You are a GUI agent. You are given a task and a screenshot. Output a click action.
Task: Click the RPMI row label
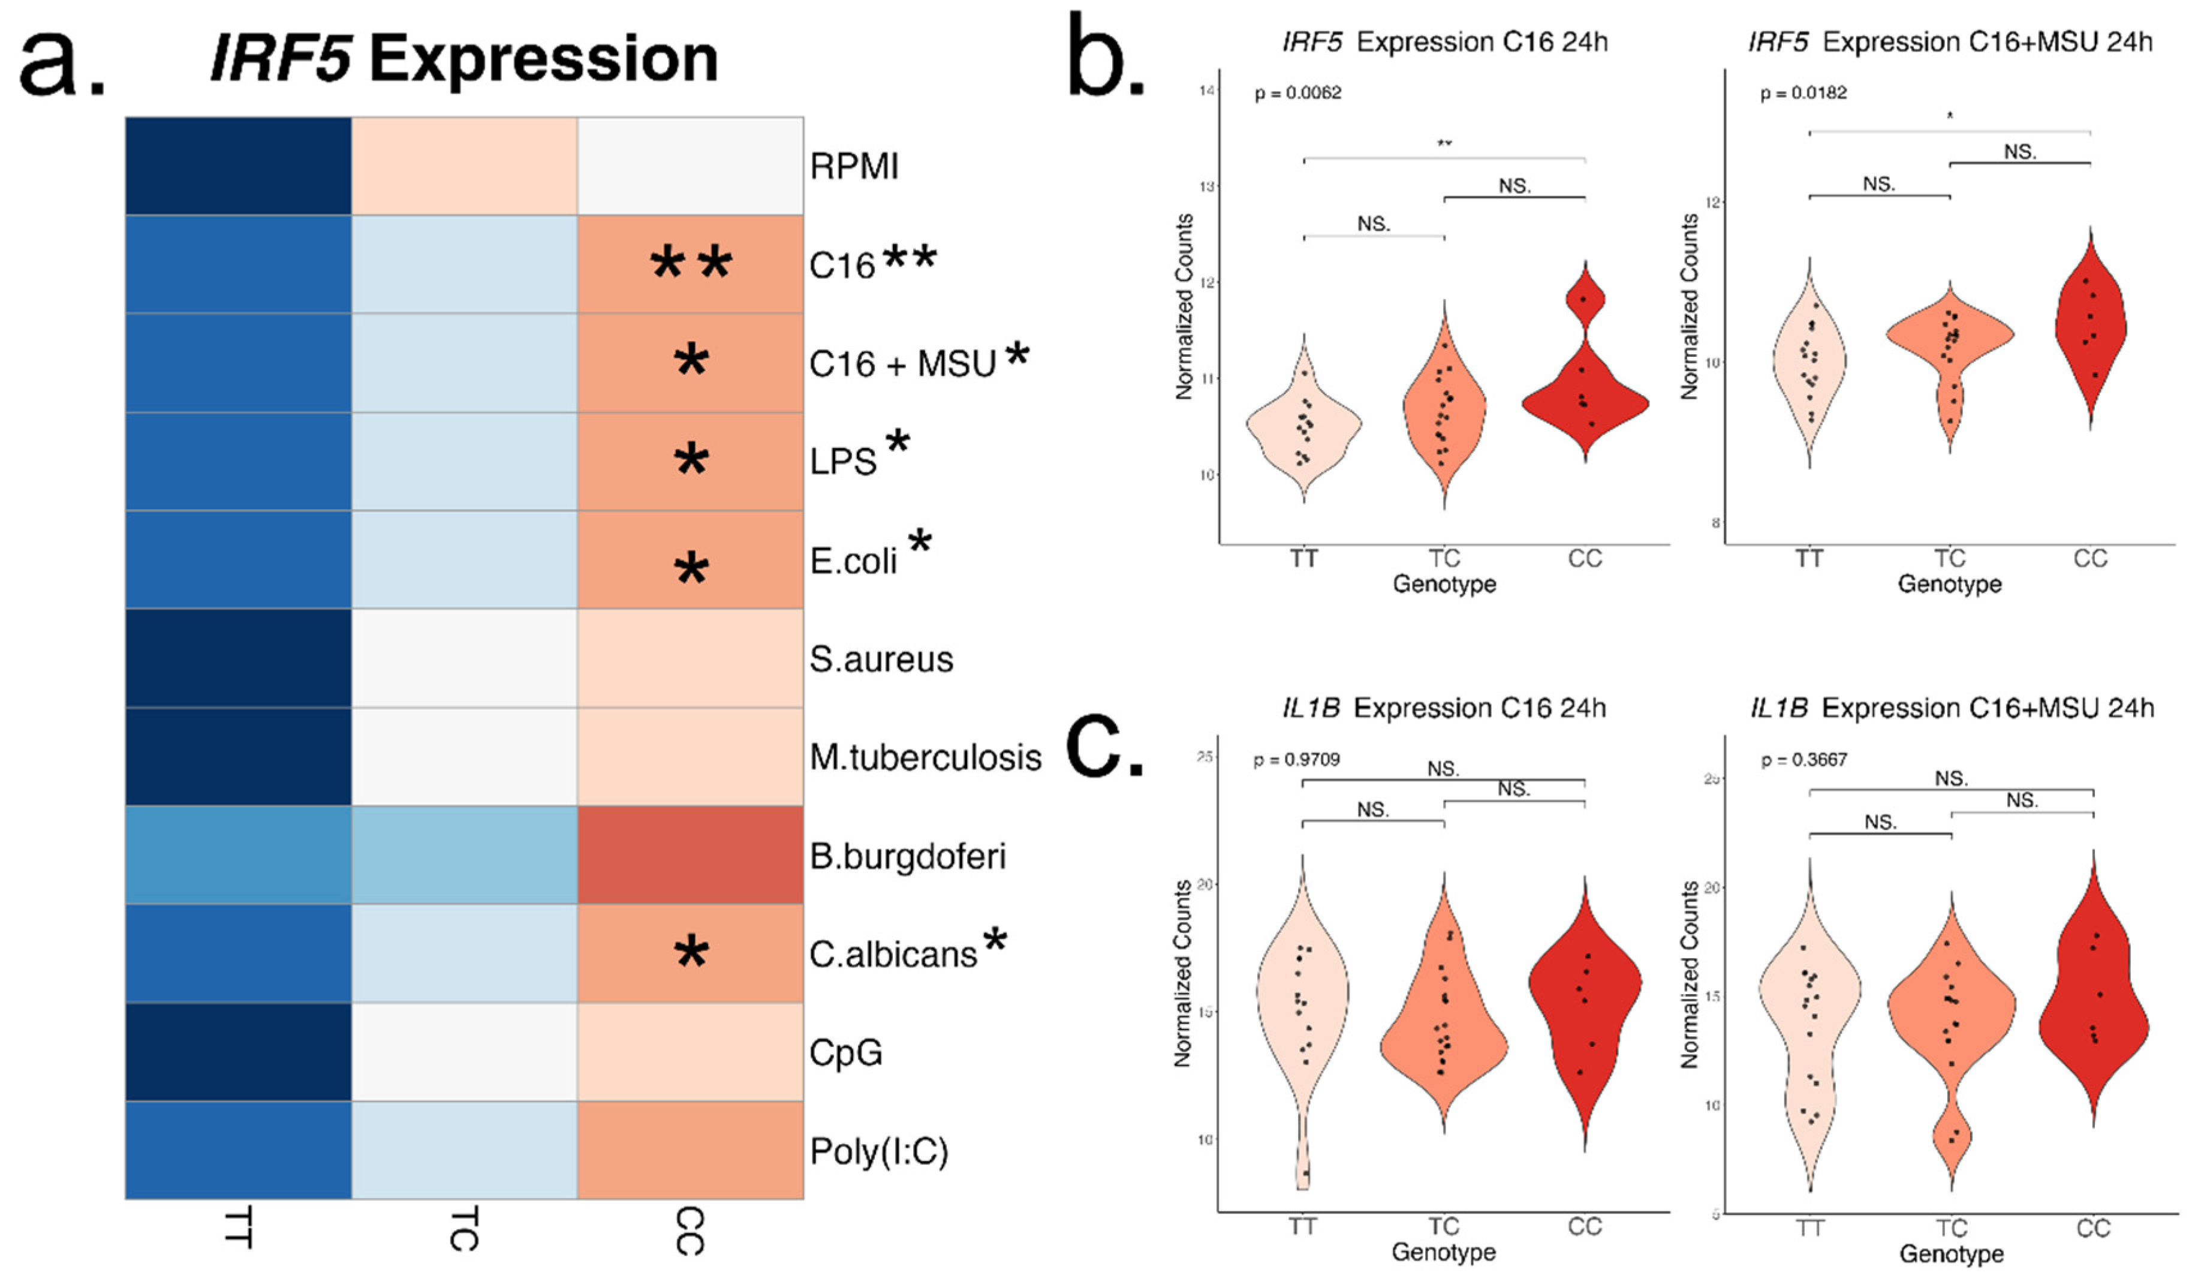pos(853,166)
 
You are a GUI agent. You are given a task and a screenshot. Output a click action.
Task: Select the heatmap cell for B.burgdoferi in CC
pos(690,855)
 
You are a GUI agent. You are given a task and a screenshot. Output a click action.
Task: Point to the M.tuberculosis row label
pos(925,757)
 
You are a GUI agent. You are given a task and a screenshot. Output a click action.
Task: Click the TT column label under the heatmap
pos(237,1227)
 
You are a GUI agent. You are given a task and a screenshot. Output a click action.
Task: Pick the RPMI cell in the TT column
pos(237,166)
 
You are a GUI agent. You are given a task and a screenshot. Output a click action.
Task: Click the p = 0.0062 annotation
pos(1298,92)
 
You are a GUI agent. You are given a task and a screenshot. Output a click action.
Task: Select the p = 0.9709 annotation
pos(1296,759)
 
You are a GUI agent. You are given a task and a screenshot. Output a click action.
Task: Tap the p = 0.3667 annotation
pos(1803,759)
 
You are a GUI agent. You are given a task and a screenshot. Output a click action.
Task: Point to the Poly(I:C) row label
pos(878,1151)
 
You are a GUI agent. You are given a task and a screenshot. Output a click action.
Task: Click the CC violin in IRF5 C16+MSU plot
pos(2090,332)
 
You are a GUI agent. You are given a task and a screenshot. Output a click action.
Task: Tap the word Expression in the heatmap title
pos(543,59)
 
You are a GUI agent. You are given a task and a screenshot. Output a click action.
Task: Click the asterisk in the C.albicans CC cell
pos(690,952)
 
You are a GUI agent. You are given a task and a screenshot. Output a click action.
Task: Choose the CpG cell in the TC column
pos(464,1052)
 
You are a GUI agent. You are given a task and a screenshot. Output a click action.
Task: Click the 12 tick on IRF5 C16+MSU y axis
pos(1713,203)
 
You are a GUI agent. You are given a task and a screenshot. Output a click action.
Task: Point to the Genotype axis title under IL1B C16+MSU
pos(1950,1254)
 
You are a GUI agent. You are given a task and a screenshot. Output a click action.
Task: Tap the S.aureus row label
pos(880,659)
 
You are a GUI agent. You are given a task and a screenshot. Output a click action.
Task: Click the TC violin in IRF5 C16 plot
pos(1444,411)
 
